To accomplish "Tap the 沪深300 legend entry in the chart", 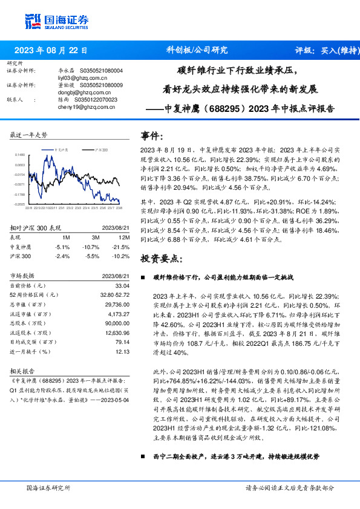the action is [100, 149].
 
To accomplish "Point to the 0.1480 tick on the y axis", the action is [20, 155].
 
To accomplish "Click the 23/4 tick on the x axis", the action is [85, 209].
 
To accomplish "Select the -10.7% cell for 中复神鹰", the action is [91, 247].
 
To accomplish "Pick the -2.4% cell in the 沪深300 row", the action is [62, 256].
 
